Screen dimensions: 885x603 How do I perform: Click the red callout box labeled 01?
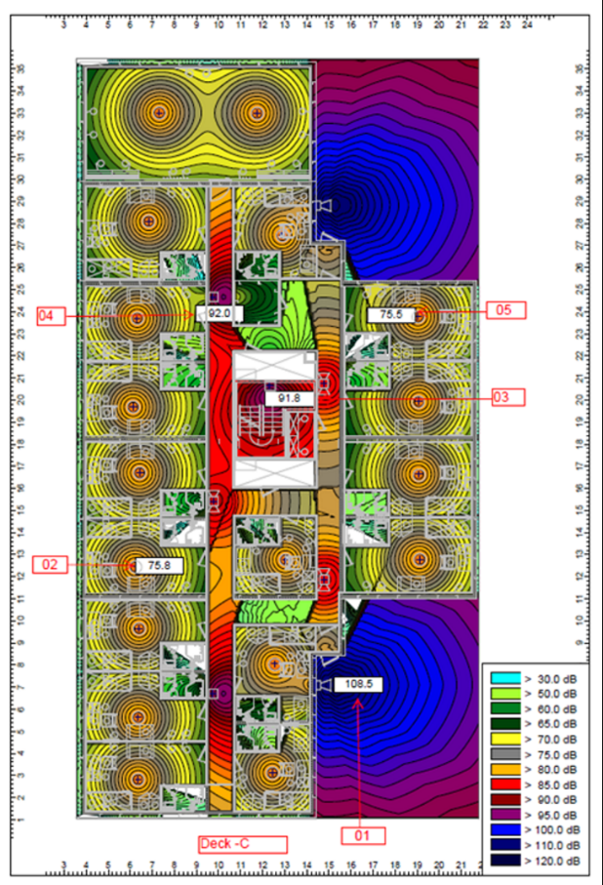364,835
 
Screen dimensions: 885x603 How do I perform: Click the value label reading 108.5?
358,684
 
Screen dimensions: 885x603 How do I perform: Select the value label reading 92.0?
219,313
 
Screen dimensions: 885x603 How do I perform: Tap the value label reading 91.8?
289,398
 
